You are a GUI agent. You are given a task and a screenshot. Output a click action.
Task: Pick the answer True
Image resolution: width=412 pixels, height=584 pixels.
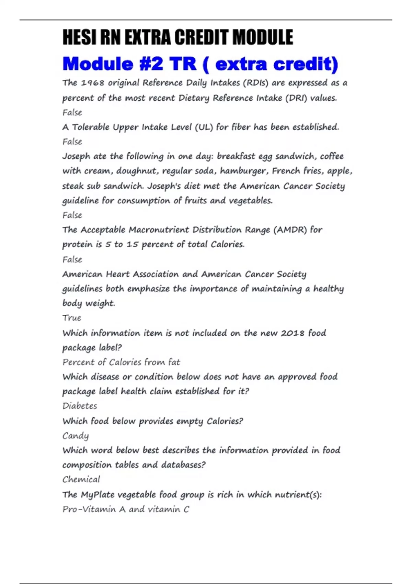(x=72, y=318)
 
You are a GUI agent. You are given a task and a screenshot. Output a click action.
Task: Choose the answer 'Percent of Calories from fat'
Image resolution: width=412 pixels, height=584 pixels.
(x=121, y=362)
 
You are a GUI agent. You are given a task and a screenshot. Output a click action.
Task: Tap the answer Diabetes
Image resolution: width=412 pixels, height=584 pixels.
(x=80, y=406)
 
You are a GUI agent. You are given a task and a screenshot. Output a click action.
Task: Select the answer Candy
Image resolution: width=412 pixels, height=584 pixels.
(x=76, y=436)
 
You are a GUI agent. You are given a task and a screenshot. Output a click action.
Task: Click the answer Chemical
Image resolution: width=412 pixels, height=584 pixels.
(x=81, y=480)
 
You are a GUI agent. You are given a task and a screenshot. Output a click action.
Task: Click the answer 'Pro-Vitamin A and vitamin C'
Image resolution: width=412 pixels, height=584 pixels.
(x=126, y=509)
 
